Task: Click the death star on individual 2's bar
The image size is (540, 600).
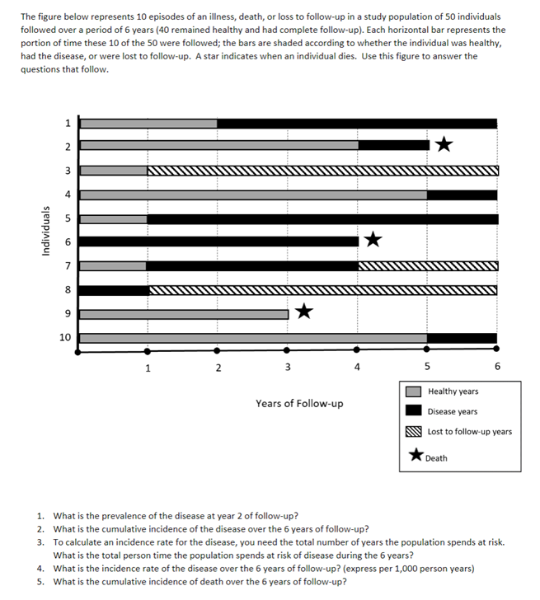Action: pyautogui.click(x=444, y=145)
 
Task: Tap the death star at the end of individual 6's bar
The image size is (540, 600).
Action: pyautogui.click(x=373, y=241)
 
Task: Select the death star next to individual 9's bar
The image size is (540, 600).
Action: pyautogui.click(x=304, y=312)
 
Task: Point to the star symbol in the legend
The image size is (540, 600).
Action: pyautogui.click(x=416, y=456)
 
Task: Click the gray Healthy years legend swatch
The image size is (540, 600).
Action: pyautogui.click(x=414, y=391)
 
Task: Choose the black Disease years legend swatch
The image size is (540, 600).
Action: pyautogui.click(x=414, y=411)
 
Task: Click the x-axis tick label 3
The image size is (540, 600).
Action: pyautogui.click(x=287, y=368)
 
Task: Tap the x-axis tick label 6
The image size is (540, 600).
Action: pyautogui.click(x=498, y=368)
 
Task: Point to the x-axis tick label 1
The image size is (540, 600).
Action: pyautogui.click(x=148, y=368)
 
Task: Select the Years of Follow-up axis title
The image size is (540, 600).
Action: pyautogui.click(x=299, y=404)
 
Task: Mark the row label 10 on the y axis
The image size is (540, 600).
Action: pyautogui.click(x=64, y=337)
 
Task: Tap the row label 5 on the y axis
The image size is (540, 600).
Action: pyautogui.click(x=67, y=218)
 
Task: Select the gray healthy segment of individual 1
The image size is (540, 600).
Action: pyautogui.click(x=148, y=124)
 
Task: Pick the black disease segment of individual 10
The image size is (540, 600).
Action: pyautogui.click(x=462, y=337)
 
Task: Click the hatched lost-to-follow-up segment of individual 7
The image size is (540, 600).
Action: pyautogui.click(x=428, y=266)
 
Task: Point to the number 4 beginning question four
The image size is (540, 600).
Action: pyautogui.click(x=40, y=568)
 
